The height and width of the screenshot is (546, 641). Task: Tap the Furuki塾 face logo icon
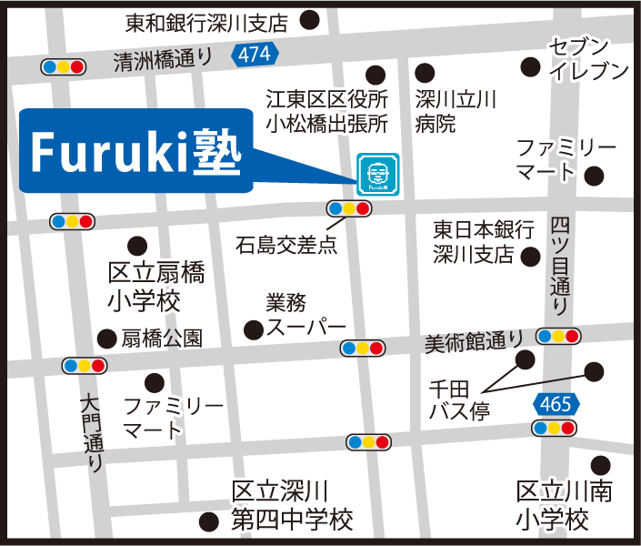click(377, 174)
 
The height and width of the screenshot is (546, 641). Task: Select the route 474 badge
click(255, 55)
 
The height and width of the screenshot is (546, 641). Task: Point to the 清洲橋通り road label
click(163, 59)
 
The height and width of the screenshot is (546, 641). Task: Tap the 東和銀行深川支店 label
click(206, 20)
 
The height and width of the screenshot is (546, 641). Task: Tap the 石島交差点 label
click(285, 244)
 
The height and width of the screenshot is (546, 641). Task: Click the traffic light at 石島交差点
click(349, 208)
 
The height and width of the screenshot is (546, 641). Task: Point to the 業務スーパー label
click(305, 314)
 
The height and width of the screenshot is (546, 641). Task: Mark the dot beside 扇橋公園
click(107, 339)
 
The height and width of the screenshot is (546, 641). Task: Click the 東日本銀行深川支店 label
click(473, 241)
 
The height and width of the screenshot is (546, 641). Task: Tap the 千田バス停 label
click(459, 399)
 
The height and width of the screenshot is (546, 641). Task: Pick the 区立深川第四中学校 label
click(291, 506)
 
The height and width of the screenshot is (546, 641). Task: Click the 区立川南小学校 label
click(564, 506)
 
